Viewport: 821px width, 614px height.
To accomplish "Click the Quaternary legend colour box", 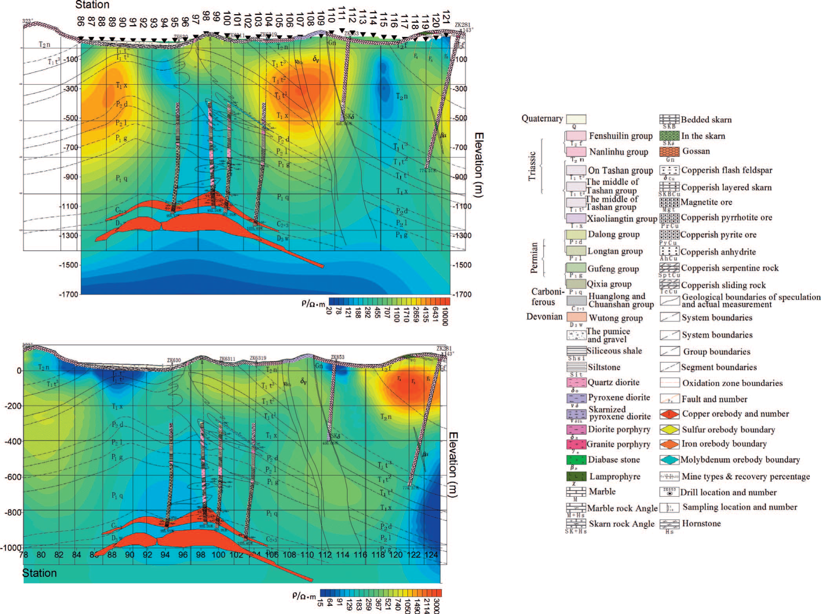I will coord(576,119).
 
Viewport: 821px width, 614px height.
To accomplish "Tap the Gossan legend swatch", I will coord(669,151).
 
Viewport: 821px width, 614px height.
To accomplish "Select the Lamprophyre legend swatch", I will coord(576,476).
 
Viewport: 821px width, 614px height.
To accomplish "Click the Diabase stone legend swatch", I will coord(576,460).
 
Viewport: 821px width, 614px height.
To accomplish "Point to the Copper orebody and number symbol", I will coord(669,414).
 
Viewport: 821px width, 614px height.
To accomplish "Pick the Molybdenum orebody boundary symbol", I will coord(669,460).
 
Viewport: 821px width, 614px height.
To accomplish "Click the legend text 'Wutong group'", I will coord(616,318).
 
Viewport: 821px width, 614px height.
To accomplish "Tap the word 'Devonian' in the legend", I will coord(544,317).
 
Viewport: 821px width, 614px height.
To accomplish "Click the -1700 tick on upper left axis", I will coord(69,294).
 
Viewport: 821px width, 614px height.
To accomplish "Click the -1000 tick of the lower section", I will coord(11,548).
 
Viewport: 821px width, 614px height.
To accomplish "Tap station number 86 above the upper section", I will coord(80,21).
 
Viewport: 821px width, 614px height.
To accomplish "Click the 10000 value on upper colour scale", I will coord(445,316).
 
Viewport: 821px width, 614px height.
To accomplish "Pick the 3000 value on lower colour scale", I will coord(437,606).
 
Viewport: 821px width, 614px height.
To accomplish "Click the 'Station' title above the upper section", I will coord(92,5).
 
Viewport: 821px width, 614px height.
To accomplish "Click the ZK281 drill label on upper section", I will coord(462,25).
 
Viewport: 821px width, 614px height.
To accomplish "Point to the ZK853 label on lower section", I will coord(337,357).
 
